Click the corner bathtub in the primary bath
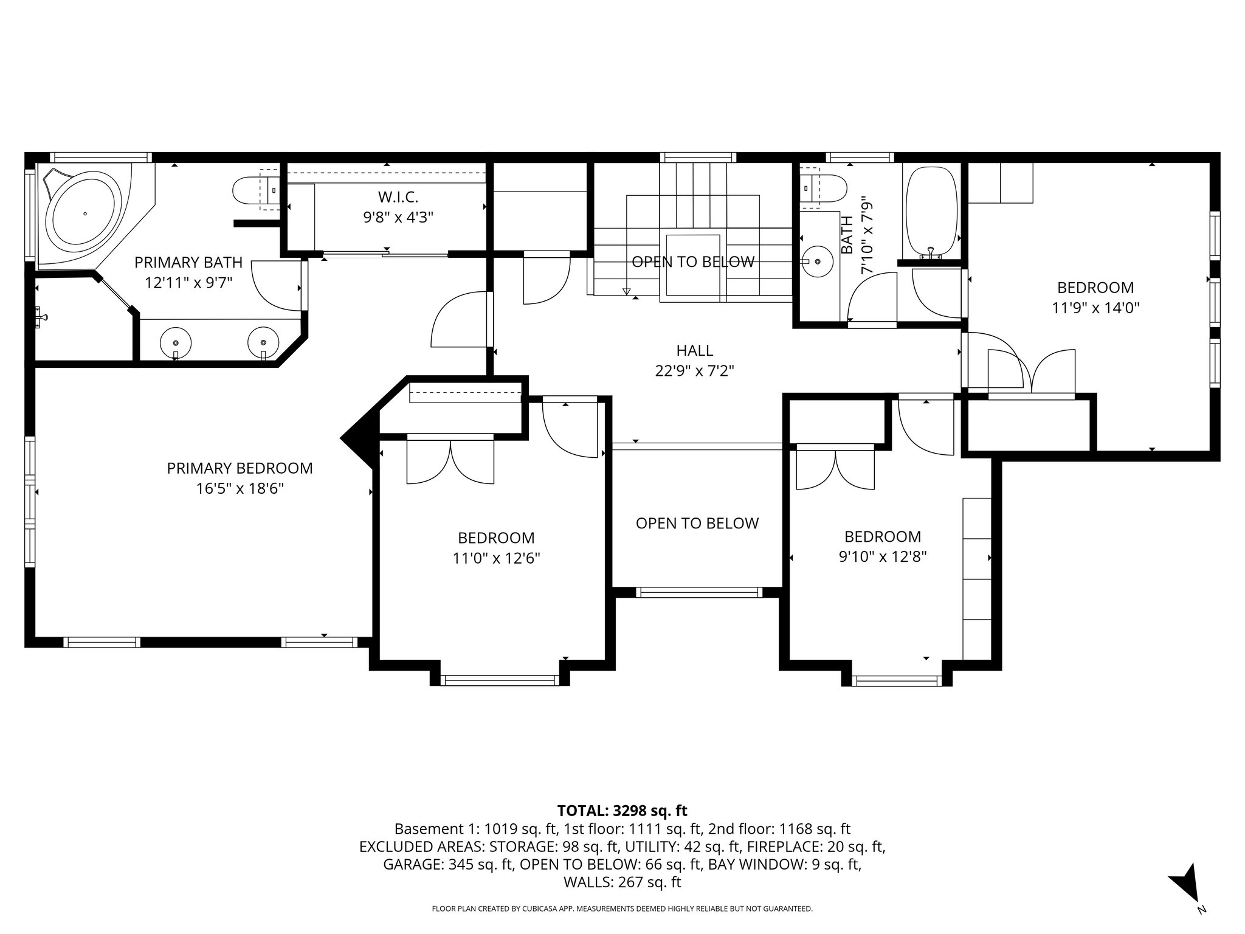pos(85,213)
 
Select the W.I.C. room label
pos(398,197)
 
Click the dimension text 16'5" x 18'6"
pos(240,488)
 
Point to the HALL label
pos(694,350)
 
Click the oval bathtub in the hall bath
pos(931,210)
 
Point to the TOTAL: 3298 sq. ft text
pos(622,811)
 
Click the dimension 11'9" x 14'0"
pos(1095,308)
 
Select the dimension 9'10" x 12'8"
pos(882,557)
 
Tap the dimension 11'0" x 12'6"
pos(496,558)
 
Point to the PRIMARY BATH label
pos(188,262)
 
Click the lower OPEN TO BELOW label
pos(697,523)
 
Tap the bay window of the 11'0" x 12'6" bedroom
pos(499,680)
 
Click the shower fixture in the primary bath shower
pos(41,317)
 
